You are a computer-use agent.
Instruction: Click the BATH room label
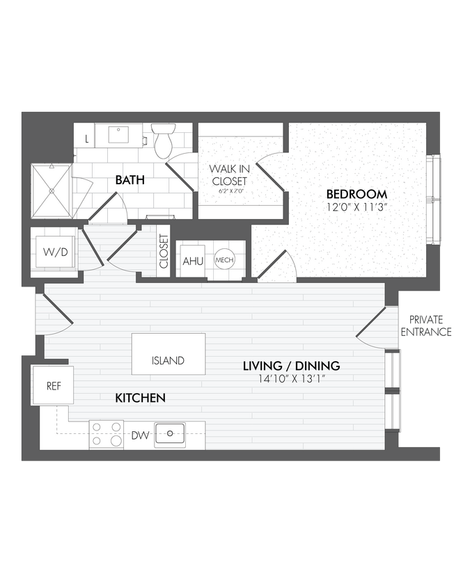click(130, 180)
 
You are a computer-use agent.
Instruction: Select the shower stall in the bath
click(53, 191)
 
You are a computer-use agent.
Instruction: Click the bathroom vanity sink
click(116, 135)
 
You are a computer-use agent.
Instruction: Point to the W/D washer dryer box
click(54, 252)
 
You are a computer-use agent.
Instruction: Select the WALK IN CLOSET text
click(229, 175)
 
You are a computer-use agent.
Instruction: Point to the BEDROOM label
click(356, 194)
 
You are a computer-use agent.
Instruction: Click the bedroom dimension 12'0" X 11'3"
click(356, 207)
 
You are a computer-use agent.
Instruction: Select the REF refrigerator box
click(54, 385)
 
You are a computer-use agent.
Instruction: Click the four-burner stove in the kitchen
click(107, 435)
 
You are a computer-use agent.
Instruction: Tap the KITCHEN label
click(140, 399)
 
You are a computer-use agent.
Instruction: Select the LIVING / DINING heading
click(291, 366)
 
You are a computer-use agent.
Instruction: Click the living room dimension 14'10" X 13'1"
click(291, 378)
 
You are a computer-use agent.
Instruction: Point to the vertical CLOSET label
click(164, 252)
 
